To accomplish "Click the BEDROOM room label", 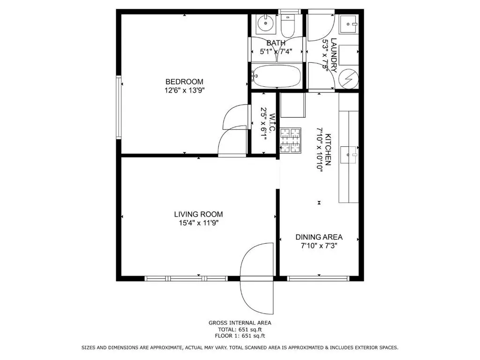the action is [x=184, y=82].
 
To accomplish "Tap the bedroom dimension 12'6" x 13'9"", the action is [x=184, y=90].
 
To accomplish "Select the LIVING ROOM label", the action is [x=198, y=214].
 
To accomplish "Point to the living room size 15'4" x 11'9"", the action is [x=198, y=223].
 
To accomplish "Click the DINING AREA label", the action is [x=319, y=237].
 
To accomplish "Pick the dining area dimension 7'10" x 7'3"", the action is [x=319, y=246].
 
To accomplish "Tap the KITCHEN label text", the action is [x=328, y=150].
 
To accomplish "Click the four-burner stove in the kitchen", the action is [x=291, y=141].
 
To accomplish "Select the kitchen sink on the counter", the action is [x=348, y=155].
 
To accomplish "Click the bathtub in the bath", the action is [x=276, y=76].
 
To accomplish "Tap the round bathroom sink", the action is [x=265, y=23].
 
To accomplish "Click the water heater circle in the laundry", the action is [x=349, y=79].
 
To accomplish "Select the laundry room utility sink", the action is [x=349, y=24].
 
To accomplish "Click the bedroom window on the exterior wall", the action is [x=119, y=107].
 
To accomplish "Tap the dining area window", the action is [x=318, y=278].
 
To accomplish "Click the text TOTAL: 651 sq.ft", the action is [x=240, y=330].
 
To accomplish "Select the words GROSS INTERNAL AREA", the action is [x=240, y=322].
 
